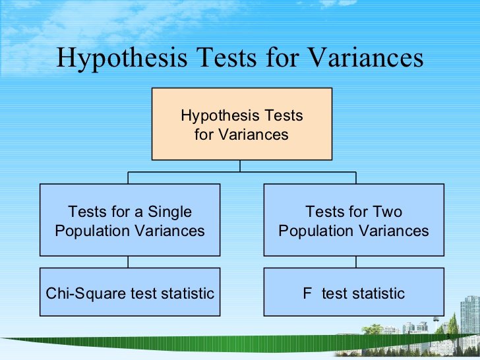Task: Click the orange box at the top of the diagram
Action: tap(241, 124)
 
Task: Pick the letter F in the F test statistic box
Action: tap(307, 293)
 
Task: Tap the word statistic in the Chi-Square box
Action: tap(185, 293)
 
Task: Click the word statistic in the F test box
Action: tap(376, 293)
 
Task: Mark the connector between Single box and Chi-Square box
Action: tap(128, 261)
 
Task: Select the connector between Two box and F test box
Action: tap(356, 261)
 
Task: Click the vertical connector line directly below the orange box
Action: tap(241, 166)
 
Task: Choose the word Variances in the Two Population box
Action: tap(395, 231)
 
